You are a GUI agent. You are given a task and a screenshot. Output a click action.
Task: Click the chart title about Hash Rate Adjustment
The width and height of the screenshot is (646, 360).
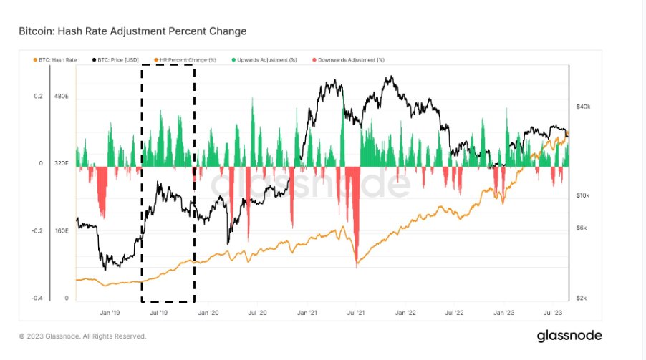coord(133,32)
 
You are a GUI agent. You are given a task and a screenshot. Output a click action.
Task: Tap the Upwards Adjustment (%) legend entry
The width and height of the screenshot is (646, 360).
coord(266,59)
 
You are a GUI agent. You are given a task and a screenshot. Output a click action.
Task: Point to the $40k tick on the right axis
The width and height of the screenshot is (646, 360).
coord(583,107)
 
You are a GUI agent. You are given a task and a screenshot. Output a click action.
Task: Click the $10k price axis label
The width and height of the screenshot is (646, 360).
coord(583,195)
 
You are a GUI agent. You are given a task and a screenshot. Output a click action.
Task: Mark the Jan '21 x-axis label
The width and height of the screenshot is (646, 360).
coord(307,313)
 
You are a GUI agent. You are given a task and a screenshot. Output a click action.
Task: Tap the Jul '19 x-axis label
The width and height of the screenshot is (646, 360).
coord(158,313)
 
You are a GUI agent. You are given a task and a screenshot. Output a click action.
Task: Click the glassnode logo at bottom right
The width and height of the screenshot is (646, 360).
coord(569,336)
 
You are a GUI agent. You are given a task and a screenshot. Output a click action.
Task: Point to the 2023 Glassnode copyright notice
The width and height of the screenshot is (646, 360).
coord(82,336)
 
